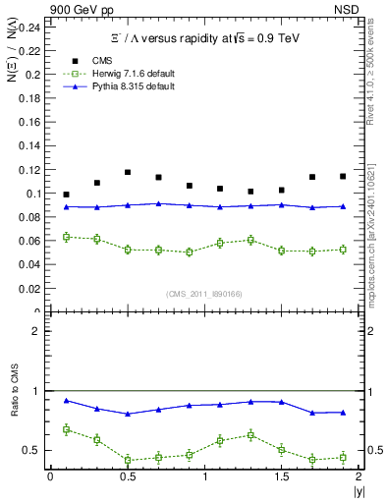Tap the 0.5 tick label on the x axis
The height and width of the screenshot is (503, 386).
click(127, 475)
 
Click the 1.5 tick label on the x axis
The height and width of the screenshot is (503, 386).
click(281, 475)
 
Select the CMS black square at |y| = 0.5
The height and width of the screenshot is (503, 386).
click(128, 172)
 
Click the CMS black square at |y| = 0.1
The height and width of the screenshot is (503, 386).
click(66, 195)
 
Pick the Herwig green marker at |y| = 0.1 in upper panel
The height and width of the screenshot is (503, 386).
click(66, 237)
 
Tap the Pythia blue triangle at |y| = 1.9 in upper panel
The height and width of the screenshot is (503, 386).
click(343, 206)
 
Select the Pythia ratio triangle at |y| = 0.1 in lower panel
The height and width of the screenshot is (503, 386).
click(66, 400)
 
